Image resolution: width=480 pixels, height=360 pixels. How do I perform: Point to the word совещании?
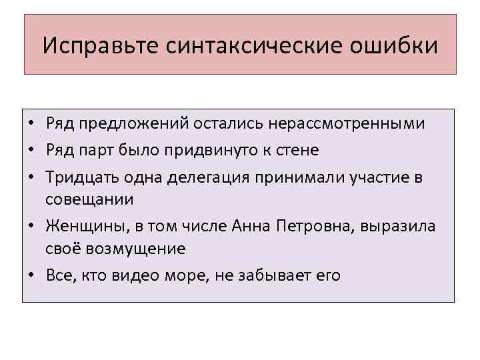pyautogui.click(x=89, y=199)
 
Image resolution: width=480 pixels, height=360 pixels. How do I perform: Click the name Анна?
pyautogui.click(x=249, y=225)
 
